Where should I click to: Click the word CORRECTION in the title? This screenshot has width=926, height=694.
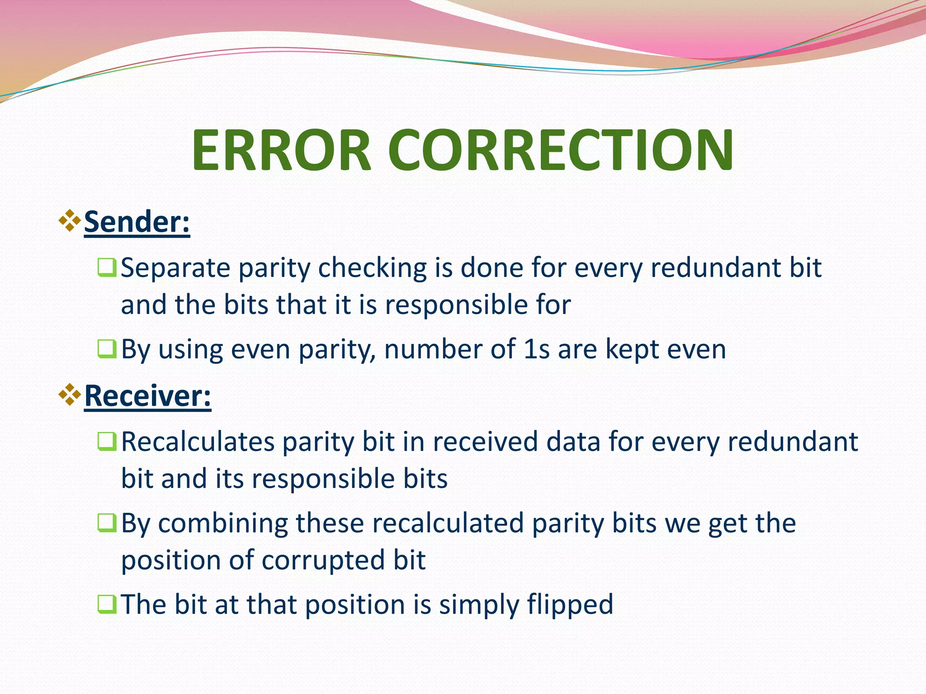(561, 150)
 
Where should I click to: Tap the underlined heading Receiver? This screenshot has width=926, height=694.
(147, 396)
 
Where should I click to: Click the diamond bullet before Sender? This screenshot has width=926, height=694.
(70, 220)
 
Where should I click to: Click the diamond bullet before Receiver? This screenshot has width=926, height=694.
(70, 394)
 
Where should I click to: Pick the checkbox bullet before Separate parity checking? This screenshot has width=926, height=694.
(107, 267)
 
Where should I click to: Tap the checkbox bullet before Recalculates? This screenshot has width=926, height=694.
(107, 441)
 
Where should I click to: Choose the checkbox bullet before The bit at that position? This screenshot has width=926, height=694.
(107, 604)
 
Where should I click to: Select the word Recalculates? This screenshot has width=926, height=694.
(198, 441)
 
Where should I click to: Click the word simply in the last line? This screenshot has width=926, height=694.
(478, 605)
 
